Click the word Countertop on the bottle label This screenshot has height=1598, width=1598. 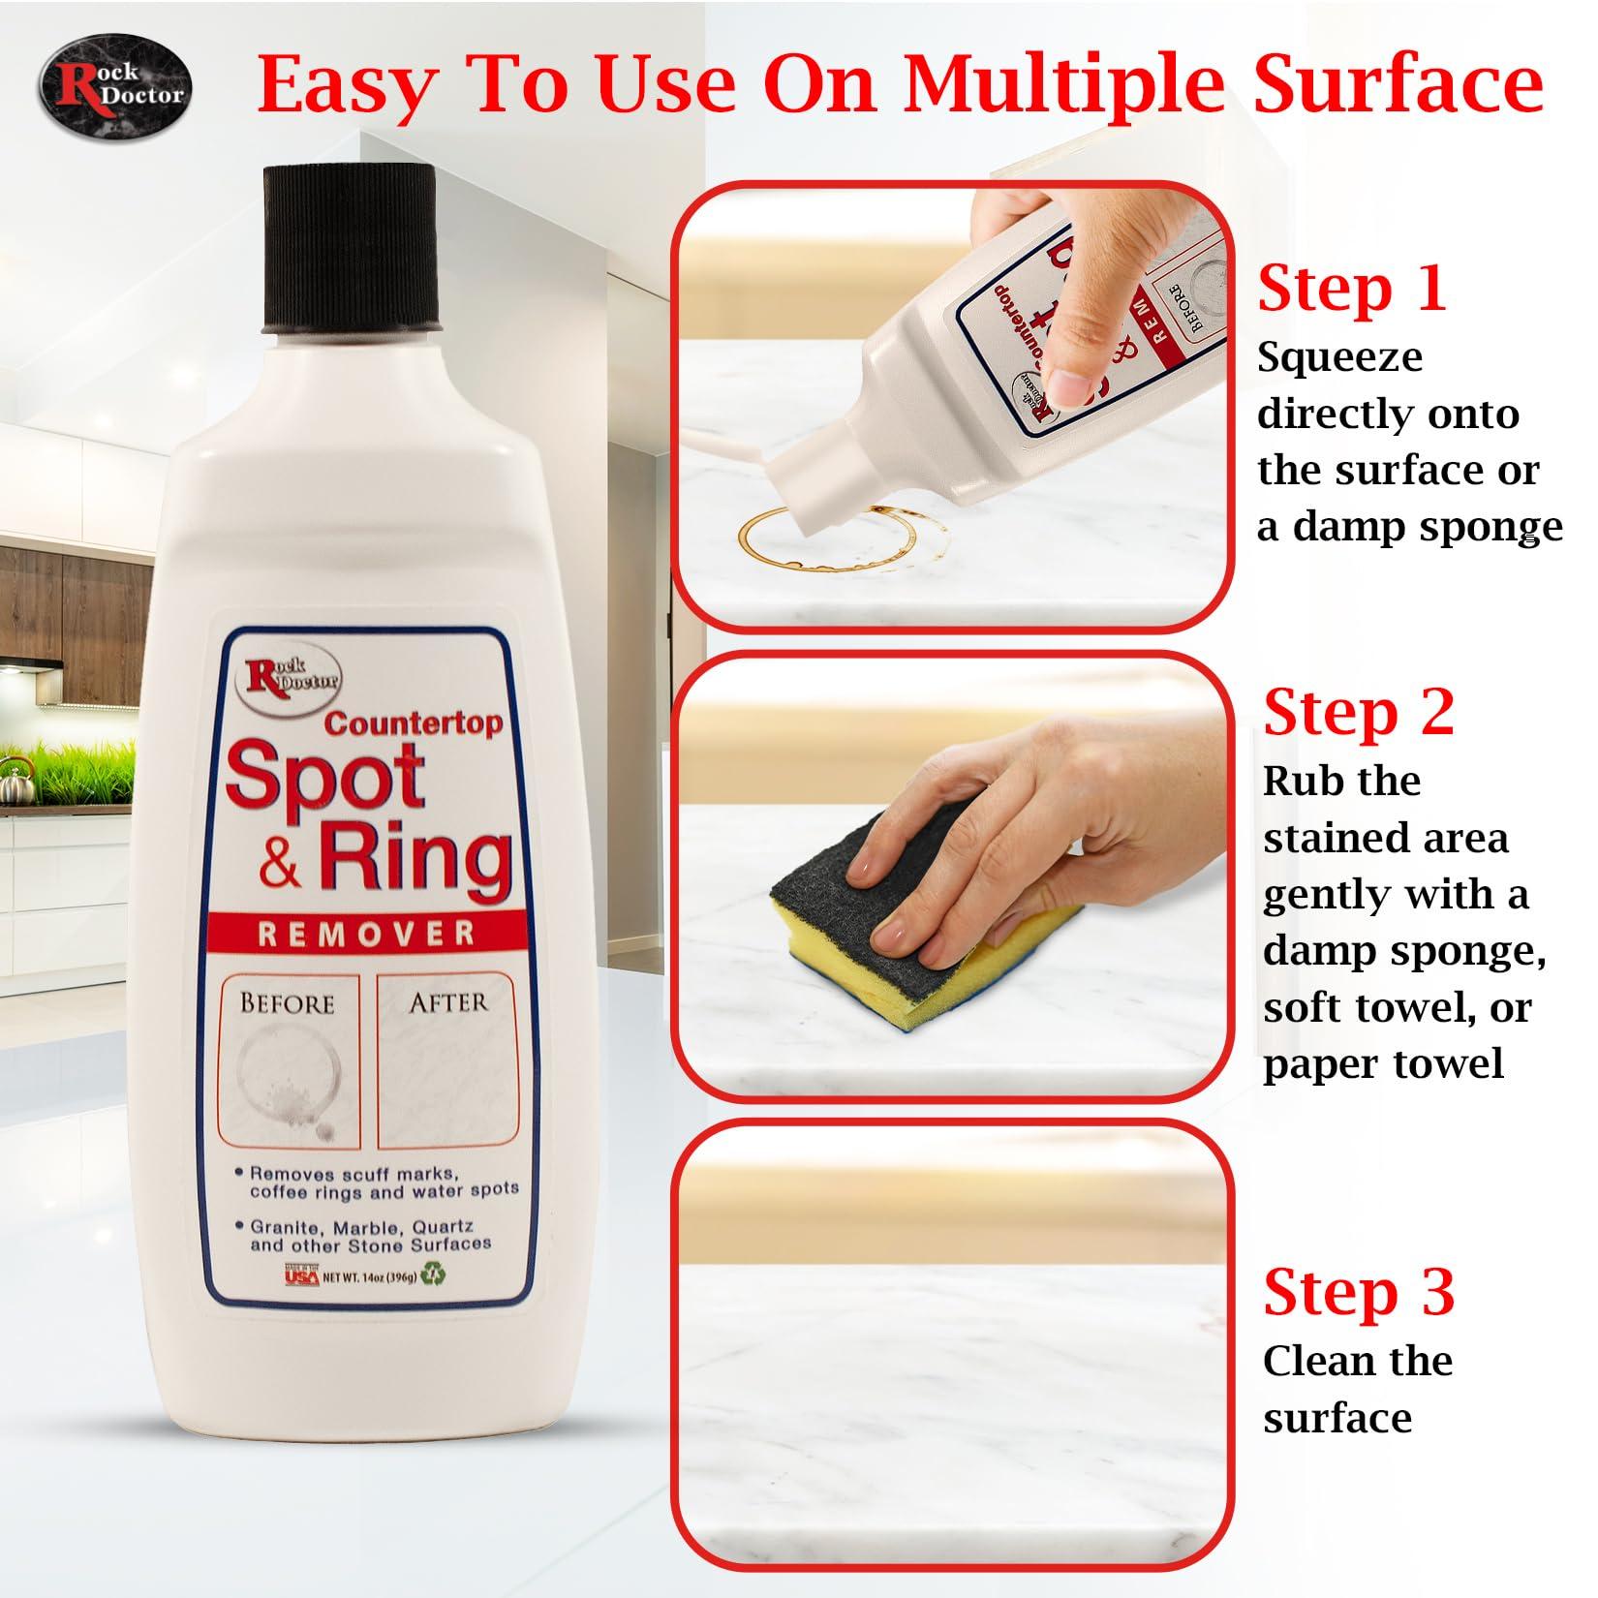tap(414, 722)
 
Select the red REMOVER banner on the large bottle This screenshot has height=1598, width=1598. tap(367, 934)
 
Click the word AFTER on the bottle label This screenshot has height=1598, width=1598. tap(447, 1002)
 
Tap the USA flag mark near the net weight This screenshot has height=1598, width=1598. tap(302, 1275)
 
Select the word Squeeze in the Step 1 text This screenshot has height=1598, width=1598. tap(1339, 357)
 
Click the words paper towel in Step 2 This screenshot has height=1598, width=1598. tap(1382, 1064)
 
